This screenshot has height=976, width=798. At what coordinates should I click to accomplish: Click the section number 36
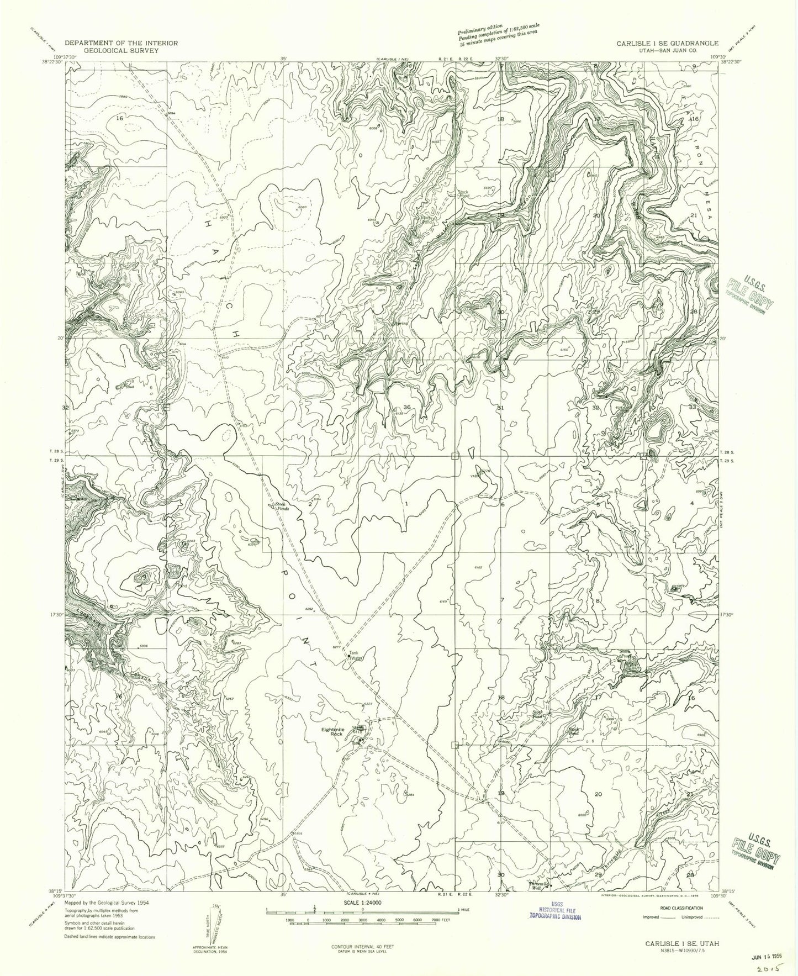coord(407,407)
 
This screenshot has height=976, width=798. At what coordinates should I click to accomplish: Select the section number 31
coord(501,408)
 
